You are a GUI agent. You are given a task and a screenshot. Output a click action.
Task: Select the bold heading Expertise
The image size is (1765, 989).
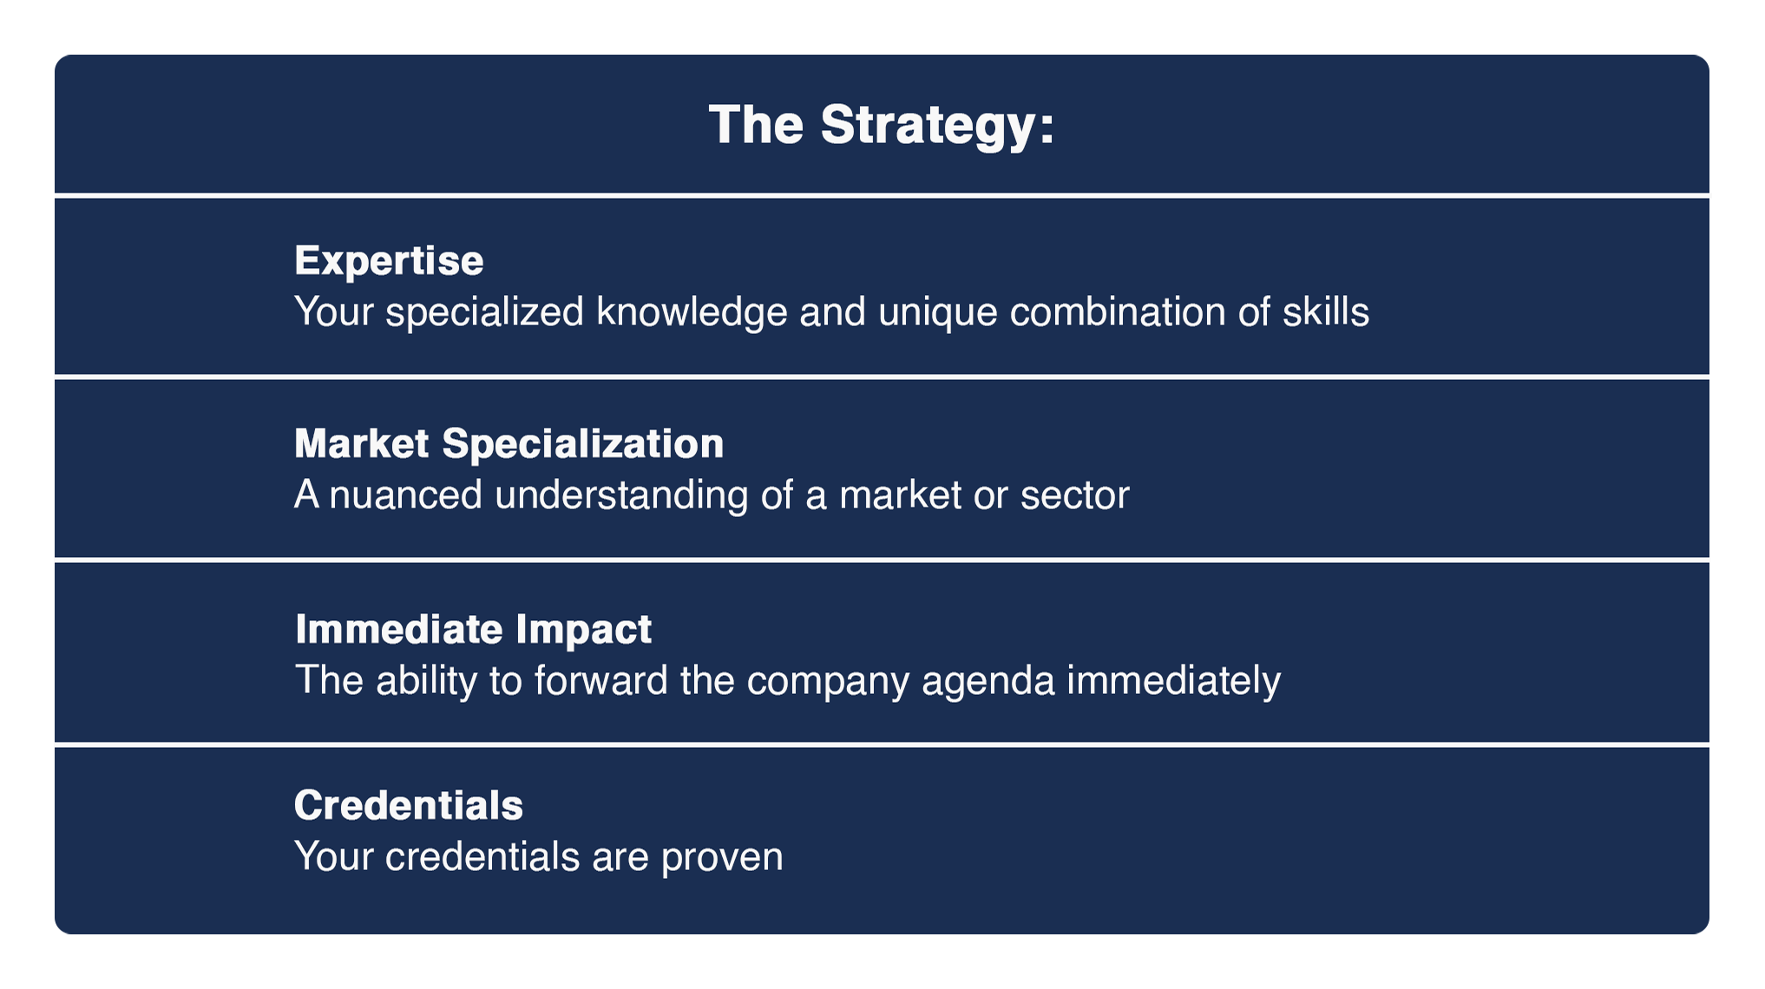pos(389,260)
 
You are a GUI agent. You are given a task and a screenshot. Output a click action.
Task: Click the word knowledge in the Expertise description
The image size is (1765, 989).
pos(692,311)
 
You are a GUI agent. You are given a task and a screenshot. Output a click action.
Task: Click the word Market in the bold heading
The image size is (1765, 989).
pos(362,443)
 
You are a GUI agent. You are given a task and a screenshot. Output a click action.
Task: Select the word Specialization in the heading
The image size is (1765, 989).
pos(582,444)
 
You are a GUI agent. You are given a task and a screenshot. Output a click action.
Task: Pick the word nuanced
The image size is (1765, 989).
pos(405,495)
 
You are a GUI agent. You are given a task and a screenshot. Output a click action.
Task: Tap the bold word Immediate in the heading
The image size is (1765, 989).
pos(399,629)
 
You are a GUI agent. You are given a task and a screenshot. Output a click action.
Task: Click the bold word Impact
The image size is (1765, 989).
pos(583,629)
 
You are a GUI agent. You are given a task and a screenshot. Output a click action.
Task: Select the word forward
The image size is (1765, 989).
pos(600,680)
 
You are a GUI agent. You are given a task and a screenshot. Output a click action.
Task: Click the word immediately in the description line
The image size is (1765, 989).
pos(1173,680)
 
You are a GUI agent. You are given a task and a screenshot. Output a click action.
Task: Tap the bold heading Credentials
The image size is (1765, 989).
pos(409,805)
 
